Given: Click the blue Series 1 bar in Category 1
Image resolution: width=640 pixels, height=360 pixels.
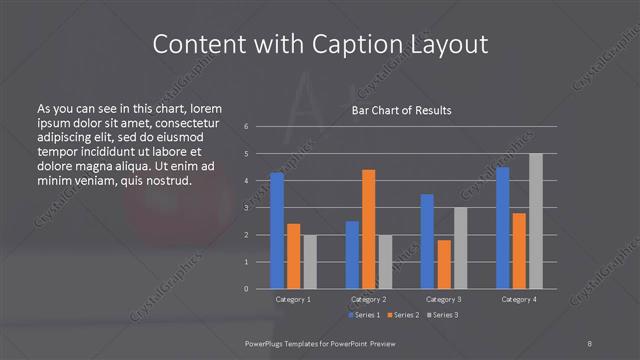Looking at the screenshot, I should [277, 230].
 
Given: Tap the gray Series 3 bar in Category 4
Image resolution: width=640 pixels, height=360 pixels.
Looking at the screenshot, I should [536, 221].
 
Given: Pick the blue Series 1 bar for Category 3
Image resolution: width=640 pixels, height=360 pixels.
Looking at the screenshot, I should [427, 241].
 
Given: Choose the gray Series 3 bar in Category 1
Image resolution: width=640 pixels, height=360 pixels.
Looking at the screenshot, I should [309, 261].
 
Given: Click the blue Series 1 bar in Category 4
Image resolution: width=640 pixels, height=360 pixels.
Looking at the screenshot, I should [503, 228].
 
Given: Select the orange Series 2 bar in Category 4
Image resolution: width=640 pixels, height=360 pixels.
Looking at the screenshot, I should [519, 250].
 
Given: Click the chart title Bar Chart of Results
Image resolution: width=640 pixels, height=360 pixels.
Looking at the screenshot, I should [401, 110].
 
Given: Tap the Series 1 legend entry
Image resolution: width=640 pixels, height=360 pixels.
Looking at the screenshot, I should [365, 315].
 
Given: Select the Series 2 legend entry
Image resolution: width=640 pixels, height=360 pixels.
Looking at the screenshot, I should [403, 315].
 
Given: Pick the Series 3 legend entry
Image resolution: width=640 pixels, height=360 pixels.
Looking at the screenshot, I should [441, 315].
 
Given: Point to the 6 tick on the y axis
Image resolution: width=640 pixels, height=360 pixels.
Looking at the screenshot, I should [246, 127].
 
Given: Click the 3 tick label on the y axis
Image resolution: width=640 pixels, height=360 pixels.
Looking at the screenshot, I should [246, 208].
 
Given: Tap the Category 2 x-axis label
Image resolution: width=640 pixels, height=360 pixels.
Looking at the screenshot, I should [369, 299].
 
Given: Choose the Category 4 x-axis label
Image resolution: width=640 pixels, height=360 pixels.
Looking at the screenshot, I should [519, 299].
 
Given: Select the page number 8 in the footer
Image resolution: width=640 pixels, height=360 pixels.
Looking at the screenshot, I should [589, 342].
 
